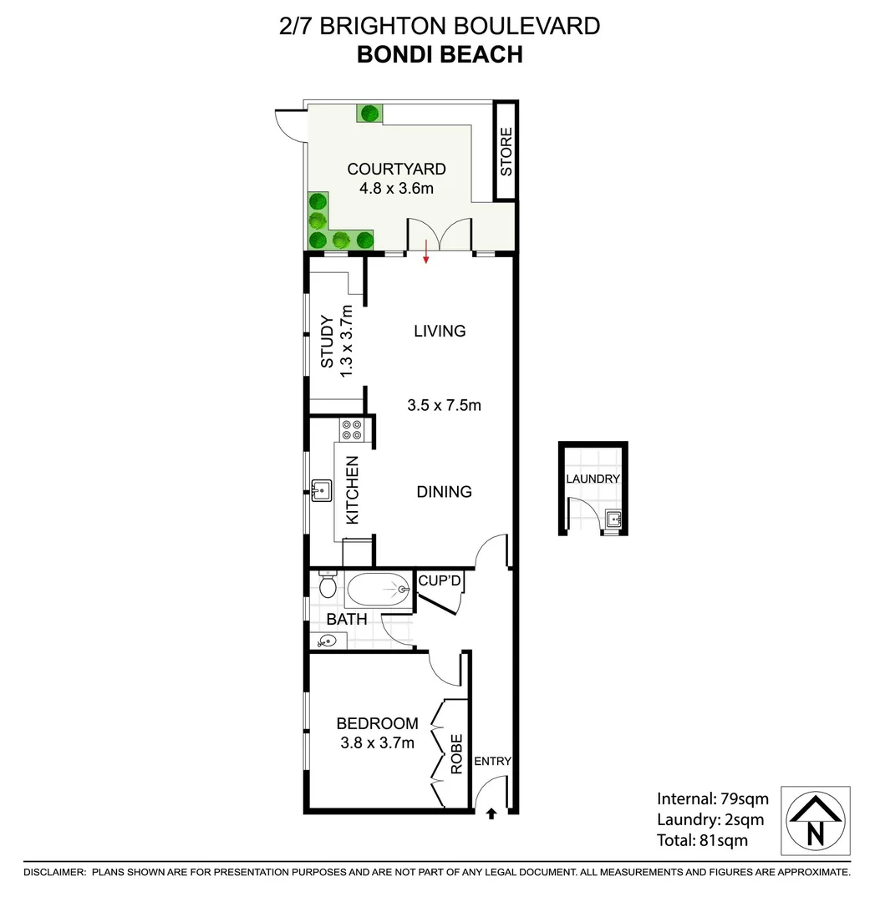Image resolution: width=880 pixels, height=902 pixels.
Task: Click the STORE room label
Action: (506, 152)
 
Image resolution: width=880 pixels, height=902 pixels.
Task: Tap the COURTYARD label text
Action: (396, 170)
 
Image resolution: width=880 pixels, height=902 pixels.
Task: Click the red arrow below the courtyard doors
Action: (426, 251)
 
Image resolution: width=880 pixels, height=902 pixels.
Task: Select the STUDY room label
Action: (327, 341)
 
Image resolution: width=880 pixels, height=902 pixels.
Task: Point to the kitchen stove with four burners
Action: (351, 429)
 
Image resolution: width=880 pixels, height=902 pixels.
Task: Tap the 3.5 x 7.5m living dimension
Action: (444, 406)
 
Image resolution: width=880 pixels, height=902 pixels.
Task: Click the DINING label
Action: (444, 492)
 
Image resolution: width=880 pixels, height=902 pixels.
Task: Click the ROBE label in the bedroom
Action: (456, 754)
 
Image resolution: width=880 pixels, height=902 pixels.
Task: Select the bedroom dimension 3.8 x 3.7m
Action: (377, 742)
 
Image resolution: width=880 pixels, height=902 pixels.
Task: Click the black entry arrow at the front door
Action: (491, 813)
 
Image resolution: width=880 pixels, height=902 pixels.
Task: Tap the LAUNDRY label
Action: (593, 479)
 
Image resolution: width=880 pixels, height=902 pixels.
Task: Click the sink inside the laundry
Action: (615, 520)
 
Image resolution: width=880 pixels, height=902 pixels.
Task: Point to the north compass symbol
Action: (815, 820)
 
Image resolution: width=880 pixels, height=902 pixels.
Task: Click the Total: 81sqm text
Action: (702, 841)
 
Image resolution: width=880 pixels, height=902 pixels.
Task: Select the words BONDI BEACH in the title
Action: (440, 54)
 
